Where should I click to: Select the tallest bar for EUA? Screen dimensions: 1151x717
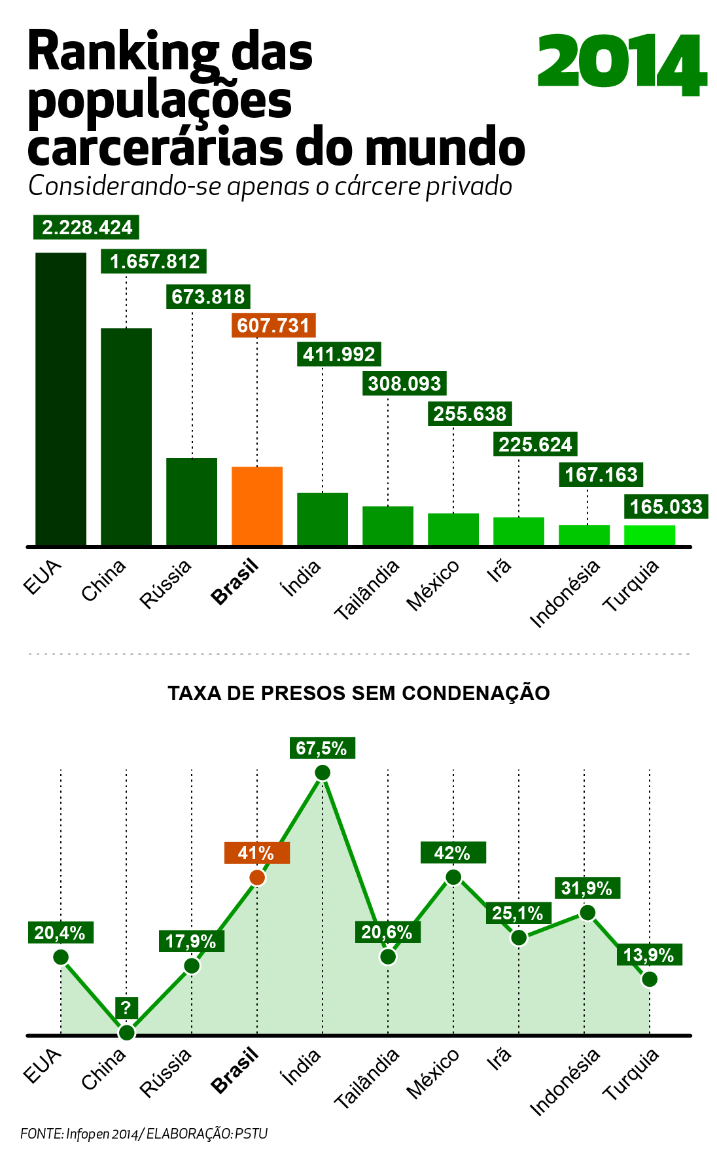click(x=61, y=398)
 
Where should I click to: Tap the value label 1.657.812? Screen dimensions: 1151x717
click(x=154, y=262)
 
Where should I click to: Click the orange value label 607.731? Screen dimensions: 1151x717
click(x=273, y=325)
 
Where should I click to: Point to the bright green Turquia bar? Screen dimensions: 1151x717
click(x=650, y=535)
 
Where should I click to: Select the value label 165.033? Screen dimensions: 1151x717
click(x=666, y=506)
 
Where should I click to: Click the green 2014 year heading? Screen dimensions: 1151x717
click(x=622, y=64)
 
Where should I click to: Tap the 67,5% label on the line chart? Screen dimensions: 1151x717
click(x=322, y=748)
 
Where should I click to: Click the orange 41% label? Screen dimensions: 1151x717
click(x=256, y=853)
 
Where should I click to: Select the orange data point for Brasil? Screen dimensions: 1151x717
click(x=258, y=877)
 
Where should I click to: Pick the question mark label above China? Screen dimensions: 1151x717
click(x=126, y=1007)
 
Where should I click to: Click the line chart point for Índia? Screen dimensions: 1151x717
click(x=323, y=773)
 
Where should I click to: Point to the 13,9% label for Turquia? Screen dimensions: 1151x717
click(x=649, y=955)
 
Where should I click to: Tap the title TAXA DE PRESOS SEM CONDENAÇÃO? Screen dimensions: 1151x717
click(x=358, y=693)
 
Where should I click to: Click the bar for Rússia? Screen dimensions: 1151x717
click(x=192, y=501)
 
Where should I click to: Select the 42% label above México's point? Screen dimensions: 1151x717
click(x=453, y=853)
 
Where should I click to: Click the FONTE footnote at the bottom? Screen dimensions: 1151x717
click(x=144, y=1133)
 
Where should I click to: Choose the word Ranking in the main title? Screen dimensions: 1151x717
click(x=124, y=52)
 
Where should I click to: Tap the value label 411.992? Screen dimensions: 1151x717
click(x=339, y=355)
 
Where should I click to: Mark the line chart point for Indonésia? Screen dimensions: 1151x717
click(x=587, y=912)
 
